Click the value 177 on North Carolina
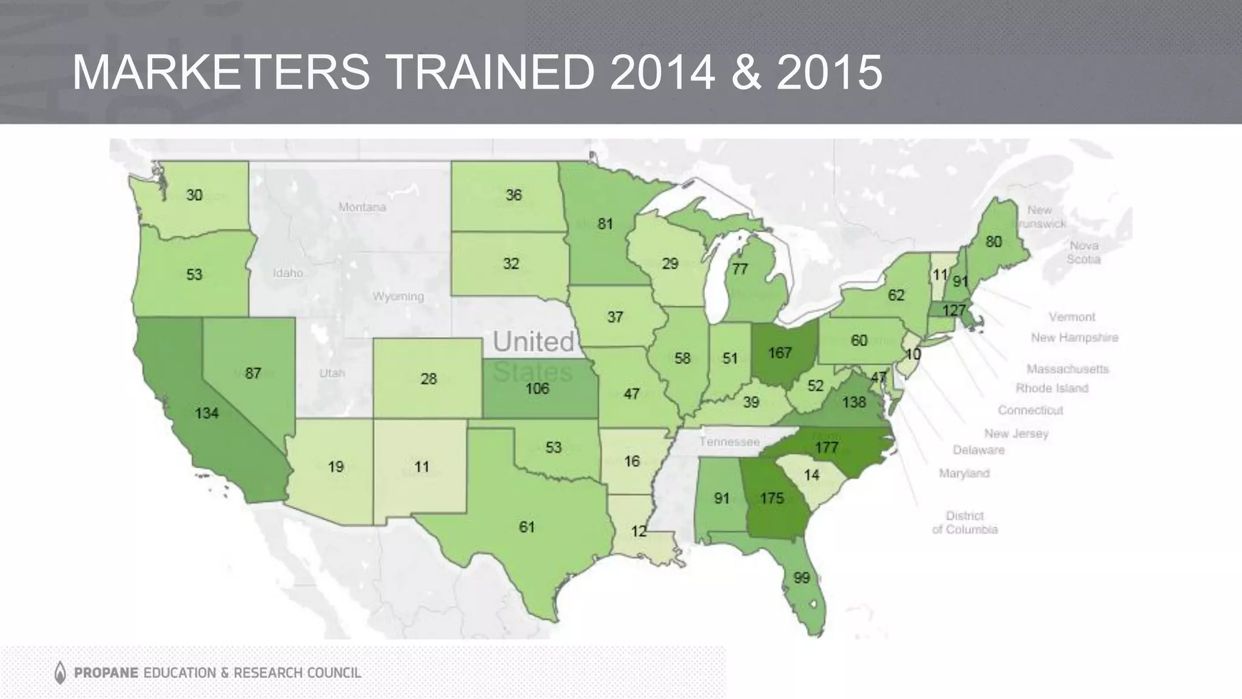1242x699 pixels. click(x=827, y=448)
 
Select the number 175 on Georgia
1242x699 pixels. click(x=772, y=499)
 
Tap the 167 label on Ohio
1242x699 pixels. click(x=780, y=353)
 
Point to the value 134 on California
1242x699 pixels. click(x=207, y=414)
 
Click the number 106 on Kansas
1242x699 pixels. click(x=537, y=388)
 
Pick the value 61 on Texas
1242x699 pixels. click(x=526, y=527)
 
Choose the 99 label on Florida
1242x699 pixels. click(x=802, y=578)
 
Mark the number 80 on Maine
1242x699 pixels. click(x=993, y=242)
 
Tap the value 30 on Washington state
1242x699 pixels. click(x=194, y=195)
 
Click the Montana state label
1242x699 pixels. click(x=362, y=208)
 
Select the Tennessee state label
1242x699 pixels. click(x=729, y=442)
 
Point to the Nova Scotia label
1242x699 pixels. click(x=1084, y=252)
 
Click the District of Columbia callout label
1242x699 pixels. click(x=964, y=522)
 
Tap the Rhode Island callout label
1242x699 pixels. click(x=1052, y=388)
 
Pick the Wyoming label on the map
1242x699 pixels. click(x=398, y=297)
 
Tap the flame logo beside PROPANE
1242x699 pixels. click(x=60, y=672)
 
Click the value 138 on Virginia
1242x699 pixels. click(x=854, y=402)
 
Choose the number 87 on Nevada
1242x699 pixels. click(x=253, y=373)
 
